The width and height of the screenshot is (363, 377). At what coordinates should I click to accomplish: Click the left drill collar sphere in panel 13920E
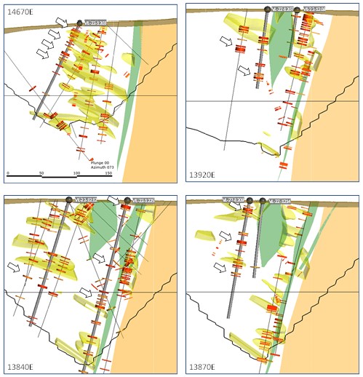(267, 10)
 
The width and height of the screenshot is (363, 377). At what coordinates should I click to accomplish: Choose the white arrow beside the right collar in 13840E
(114, 200)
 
